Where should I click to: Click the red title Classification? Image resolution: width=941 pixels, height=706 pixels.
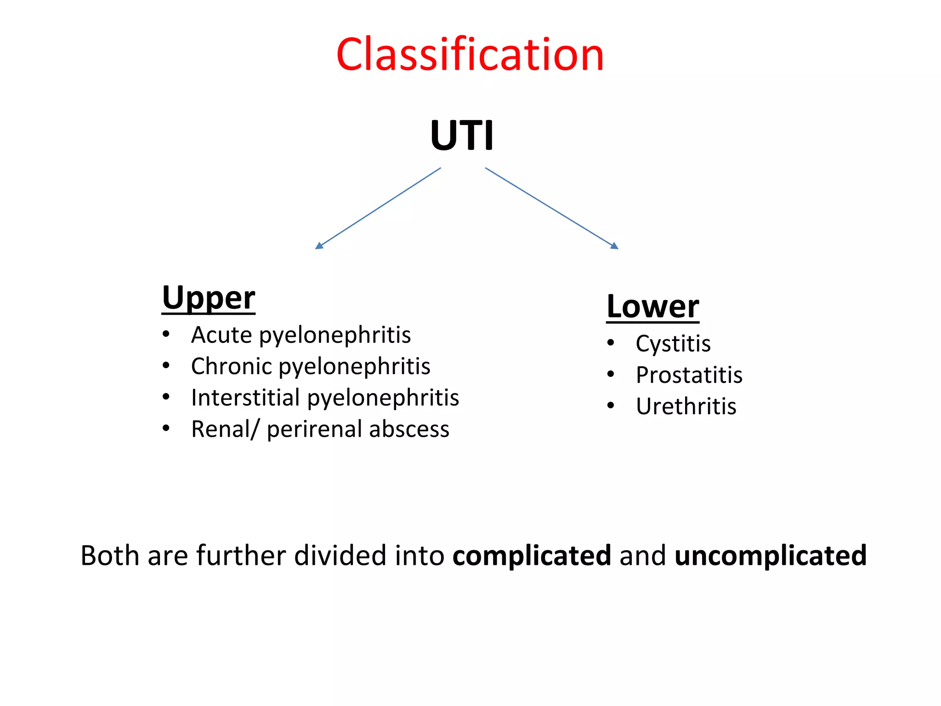click(x=470, y=55)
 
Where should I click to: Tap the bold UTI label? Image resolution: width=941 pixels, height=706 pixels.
click(x=462, y=136)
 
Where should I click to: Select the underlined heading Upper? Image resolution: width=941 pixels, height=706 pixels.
click(x=208, y=298)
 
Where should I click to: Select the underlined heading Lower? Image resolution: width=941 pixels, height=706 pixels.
click(x=652, y=307)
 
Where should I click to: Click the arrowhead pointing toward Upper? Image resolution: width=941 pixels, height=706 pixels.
click(x=319, y=246)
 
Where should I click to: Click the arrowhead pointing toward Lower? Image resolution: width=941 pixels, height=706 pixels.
click(x=615, y=246)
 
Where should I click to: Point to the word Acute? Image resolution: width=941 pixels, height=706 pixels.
click(x=222, y=335)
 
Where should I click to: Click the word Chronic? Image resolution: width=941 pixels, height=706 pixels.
click(x=232, y=366)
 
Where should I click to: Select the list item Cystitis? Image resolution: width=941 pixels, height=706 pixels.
click(x=673, y=344)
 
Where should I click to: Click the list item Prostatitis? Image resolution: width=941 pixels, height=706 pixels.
click(x=689, y=375)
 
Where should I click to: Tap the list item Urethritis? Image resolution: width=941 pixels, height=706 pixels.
click(x=686, y=406)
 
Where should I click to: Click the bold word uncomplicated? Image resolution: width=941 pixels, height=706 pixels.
click(x=771, y=556)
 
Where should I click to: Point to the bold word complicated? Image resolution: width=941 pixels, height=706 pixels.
click(x=532, y=556)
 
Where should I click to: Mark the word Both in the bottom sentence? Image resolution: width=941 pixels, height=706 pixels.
click(x=110, y=555)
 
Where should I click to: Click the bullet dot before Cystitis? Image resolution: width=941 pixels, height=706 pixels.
click(x=611, y=343)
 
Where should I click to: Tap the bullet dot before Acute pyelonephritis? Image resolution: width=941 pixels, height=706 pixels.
click(x=166, y=334)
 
